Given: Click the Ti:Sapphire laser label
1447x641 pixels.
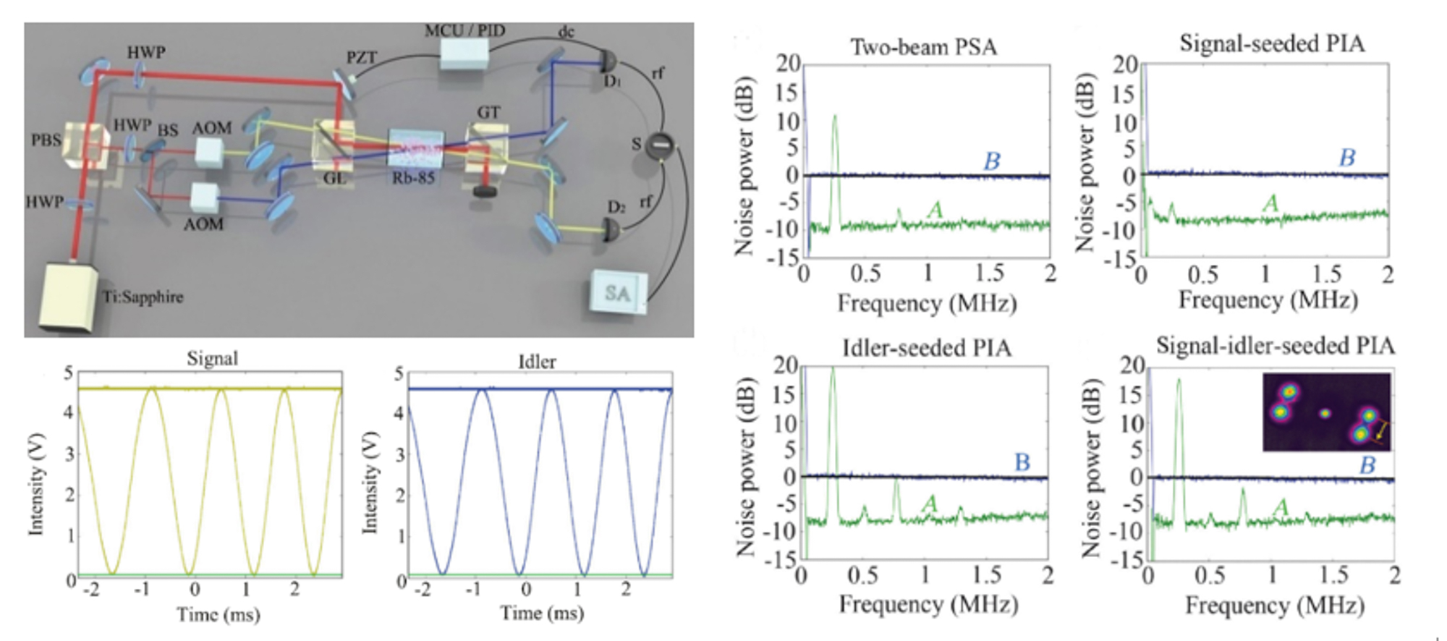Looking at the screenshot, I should click(x=143, y=297).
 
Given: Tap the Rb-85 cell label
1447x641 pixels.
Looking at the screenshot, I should click(x=413, y=177).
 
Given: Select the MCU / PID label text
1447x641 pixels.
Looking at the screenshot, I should click(x=464, y=30).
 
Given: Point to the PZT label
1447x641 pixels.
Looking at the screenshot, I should click(x=361, y=57).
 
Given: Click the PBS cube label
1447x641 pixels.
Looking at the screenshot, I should click(x=46, y=140).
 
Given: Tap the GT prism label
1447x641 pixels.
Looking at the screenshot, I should click(x=488, y=112).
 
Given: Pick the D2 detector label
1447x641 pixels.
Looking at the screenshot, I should click(x=616, y=208).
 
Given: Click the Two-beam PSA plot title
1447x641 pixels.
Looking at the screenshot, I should click(x=923, y=48).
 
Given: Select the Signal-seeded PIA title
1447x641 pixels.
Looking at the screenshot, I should click(x=1272, y=44).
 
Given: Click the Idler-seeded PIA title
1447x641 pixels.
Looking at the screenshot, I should click(x=926, y=349).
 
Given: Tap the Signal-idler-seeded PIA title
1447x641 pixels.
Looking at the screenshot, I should click(x=1275, y=346).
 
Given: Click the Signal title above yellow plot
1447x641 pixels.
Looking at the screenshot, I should click(x=212, y=359).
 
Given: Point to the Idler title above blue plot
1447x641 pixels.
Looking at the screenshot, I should click(x=537, y=362).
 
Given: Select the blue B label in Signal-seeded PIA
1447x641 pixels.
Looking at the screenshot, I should click(x=1346, y=158).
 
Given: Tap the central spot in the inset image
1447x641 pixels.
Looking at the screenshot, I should click(x=1325, y=414).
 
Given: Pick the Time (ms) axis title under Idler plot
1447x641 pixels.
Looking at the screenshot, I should click(x=542, y=614).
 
